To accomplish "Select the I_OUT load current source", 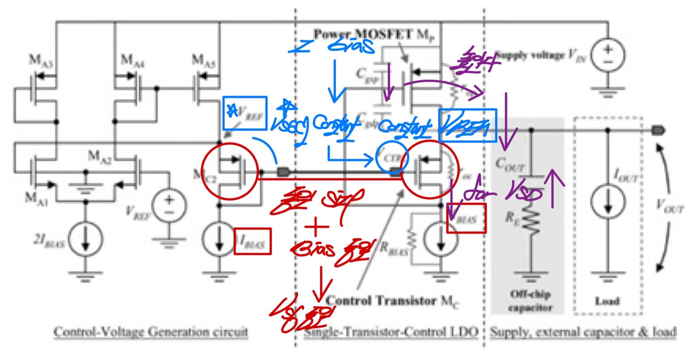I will pos(608,202).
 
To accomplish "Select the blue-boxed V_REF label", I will pos(245,113).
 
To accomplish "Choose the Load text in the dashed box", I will pos(607,301).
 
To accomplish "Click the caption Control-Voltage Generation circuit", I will pos(150,332).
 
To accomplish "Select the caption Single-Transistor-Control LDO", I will pos(391,332).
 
